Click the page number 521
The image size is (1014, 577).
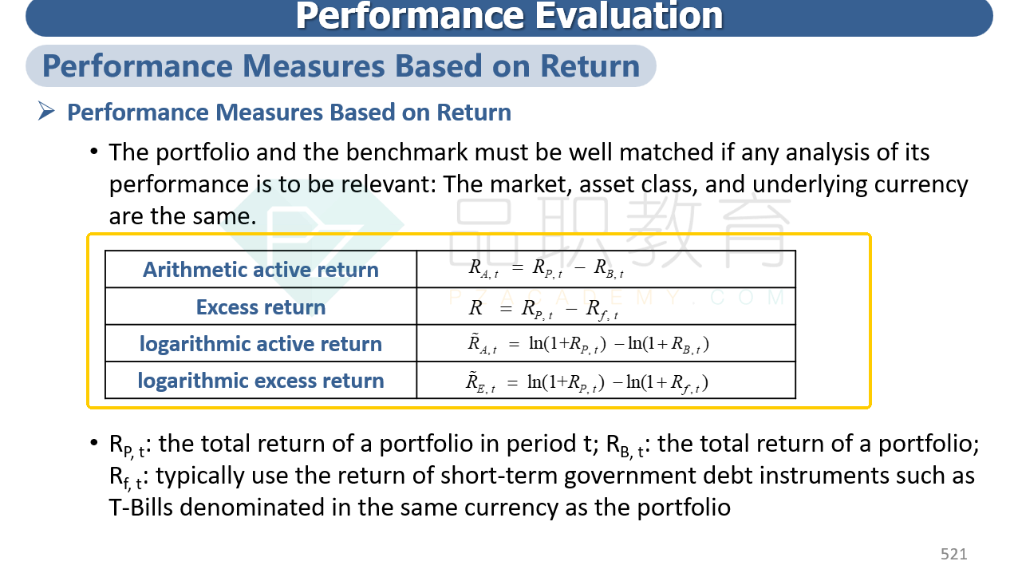[x=954, y=554]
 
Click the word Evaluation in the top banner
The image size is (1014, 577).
[x=629, y=16]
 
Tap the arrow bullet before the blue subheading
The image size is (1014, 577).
[x=46, y=111]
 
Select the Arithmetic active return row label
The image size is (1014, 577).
[x=261, y=270]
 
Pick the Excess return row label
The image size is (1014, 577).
[x=261, y=307]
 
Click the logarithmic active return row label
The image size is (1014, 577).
[x=261, y=344]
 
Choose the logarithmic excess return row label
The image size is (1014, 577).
[x=261, y=381]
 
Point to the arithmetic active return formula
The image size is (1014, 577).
[x=546, y=269]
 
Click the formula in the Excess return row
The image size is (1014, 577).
[x=543, y=310]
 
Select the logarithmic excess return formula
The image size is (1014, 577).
[x=587, y=382]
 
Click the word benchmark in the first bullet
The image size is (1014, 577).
[x=407, y=152]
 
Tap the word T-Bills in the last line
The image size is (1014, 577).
[x=140, y=508]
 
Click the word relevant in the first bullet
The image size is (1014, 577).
[x=389, y=184]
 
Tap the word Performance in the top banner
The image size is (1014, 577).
[x=410, y=16]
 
